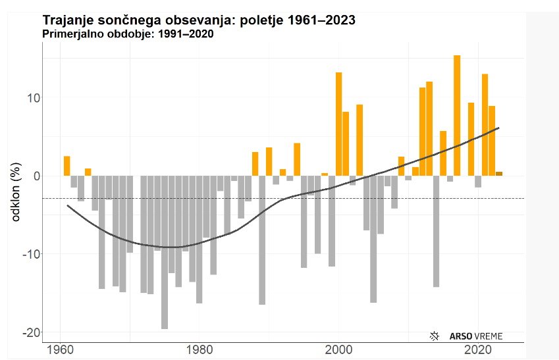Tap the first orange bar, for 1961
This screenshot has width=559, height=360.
click(67, 166)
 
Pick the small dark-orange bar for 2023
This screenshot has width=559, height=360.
click(499, 174)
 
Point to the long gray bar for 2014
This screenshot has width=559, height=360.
click(436, 231)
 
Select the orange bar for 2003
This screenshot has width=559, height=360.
click(359, 140)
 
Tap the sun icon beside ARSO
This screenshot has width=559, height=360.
click(434, 336)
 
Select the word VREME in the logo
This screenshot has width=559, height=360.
click(489, 336)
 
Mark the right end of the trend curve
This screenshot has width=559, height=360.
click(499, 128)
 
